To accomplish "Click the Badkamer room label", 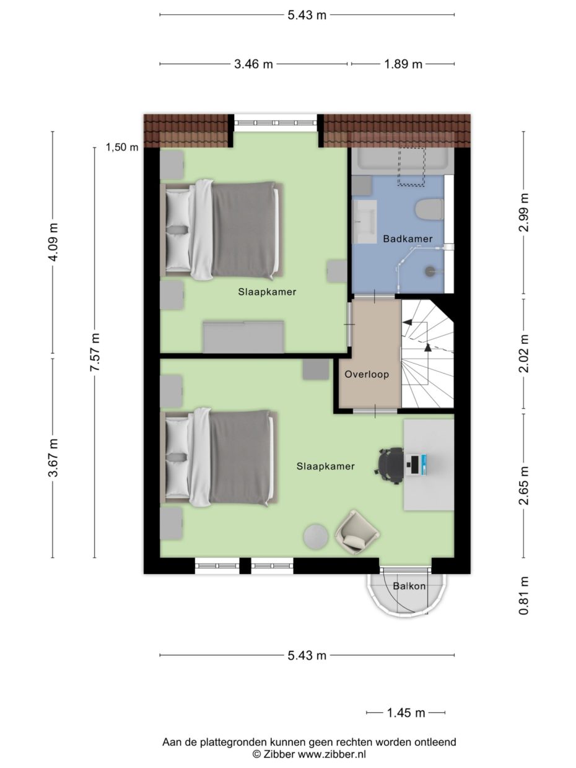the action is (408, 239).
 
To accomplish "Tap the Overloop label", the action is (367, 374).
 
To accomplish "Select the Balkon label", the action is (409, 586).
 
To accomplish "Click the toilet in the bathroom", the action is (429, 209).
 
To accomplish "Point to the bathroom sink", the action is (364, 222).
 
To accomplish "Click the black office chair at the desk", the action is (391, 466).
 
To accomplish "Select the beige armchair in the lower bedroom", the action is (357, 532).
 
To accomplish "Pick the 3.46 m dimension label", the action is (253, 64).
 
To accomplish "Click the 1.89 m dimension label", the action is (403, 64).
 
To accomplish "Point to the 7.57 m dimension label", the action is (95, 352).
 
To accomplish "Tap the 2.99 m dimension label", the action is (523, 212).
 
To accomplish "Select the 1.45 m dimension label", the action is (406, 712).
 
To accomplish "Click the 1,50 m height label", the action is (122, 147).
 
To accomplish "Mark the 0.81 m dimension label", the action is (523, 595).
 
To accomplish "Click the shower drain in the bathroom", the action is (429, 271).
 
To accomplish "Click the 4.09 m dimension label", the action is (53, 242).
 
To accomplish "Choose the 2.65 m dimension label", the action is (523, 486).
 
